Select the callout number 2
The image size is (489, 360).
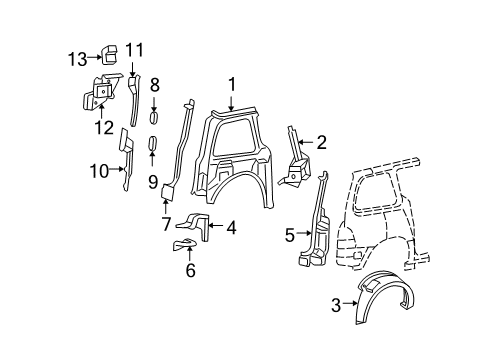[321, 143]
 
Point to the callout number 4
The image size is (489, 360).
[231, 228]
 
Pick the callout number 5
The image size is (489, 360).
[290, 236]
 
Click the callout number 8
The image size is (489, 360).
[154, 88]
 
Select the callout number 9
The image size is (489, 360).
[154, 181]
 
